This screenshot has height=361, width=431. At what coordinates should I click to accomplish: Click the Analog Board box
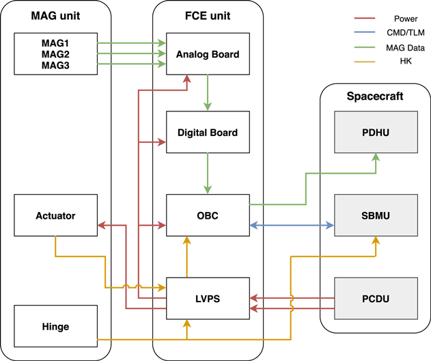click(208, 54)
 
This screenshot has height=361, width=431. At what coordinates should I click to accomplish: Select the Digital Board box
click(208, 132)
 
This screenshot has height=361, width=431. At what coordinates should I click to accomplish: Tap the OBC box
click(208, 215)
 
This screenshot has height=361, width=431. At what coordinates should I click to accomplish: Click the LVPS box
click(208, 298)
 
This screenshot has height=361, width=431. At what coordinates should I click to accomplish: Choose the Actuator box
click(55, 215)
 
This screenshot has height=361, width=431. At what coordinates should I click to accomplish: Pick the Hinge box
click(55, 327)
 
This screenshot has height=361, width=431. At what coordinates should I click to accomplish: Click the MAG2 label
click(55, 54)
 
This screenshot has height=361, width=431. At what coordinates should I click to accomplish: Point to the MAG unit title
click(55, 15)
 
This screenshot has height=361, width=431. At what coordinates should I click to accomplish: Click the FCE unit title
click(208, 15)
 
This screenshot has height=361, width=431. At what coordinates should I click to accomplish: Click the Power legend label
click(406, 19)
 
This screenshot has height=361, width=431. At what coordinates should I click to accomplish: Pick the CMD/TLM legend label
click(406, 34)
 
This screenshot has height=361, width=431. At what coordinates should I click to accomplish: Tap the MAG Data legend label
click(406, 48)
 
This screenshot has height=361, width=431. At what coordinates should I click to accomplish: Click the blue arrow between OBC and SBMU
click(292, 225)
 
